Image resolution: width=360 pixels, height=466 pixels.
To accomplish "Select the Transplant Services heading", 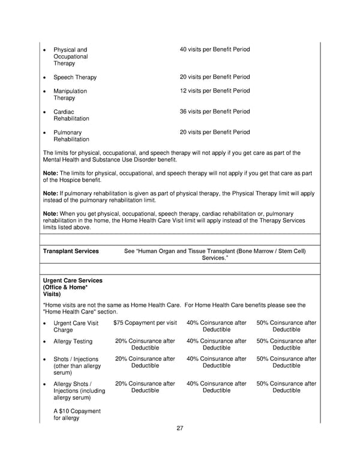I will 71,251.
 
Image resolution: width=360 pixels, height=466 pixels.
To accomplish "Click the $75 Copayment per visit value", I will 145,323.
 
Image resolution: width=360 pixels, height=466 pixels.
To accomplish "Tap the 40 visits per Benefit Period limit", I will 215,49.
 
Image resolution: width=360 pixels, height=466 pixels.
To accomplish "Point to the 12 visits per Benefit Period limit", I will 215,91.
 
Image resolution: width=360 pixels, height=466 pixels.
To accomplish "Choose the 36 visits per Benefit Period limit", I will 215,112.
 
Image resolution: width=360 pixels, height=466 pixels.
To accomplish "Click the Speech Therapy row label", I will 75,77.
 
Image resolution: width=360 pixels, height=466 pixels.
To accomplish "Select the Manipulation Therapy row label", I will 70,94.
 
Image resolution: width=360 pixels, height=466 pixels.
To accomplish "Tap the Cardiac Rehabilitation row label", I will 71,115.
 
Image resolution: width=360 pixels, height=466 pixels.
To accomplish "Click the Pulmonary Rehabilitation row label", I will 71,136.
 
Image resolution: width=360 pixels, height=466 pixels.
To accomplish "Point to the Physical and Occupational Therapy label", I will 70,56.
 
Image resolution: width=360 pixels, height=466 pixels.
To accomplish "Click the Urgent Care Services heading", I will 73,288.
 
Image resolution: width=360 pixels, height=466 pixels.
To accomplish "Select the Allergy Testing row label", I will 73,342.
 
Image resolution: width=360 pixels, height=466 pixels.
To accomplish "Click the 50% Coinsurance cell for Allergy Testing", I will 286,345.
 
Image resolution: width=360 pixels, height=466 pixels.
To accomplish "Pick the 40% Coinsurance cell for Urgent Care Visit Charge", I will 216,326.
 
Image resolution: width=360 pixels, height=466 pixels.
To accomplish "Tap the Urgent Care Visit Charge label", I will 76,326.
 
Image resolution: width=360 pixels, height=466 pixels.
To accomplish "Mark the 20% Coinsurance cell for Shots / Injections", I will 145,363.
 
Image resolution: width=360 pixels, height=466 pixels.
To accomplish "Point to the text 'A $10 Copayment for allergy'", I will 77,414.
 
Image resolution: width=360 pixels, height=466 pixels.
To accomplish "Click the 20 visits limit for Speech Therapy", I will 215,77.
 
